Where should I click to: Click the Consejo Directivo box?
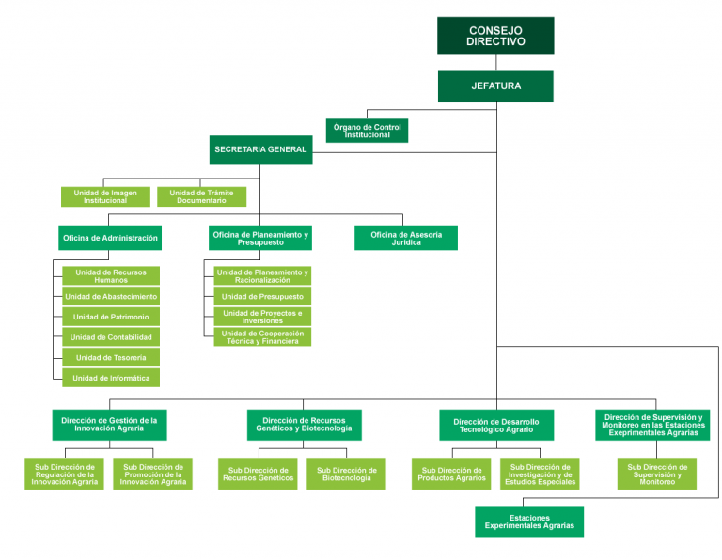pyautogui.click(x=495, y=36)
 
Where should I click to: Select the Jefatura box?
pyautogui.click(x=495, y=86)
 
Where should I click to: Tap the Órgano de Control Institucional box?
pyautogui.click(x=367, y=131)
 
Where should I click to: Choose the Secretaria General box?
pyautogui.click(x=260, y=149)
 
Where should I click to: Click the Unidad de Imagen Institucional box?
pyautogui.click(x=105, y=196)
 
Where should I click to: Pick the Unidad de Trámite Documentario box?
pyautogui.click(x=201, y=196)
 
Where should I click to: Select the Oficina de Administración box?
pyautogui.click(x=110, y=238)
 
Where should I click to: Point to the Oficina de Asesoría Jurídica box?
pyautogui.click(x=406, y=238)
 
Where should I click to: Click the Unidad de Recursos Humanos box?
pyautogui.click(x=111, y=275)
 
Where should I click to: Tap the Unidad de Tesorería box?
pyautogui.click(x=111, y=357)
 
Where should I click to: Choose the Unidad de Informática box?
pyautogui.click(x=111, y=378)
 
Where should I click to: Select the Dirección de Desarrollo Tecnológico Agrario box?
pyautogui.click(x=496, y=425)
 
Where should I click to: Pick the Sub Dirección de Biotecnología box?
pyautogui.click(x=346, y=474)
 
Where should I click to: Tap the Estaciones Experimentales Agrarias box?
pyautogui.click(x=529, y=521)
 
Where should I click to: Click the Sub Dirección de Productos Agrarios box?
pyautogui.click(x=451, y=474)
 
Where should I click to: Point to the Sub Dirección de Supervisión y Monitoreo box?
pyautogui.click(x=657, y=474)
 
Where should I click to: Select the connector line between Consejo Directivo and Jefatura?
pyautogui.click(x=495, y=63)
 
